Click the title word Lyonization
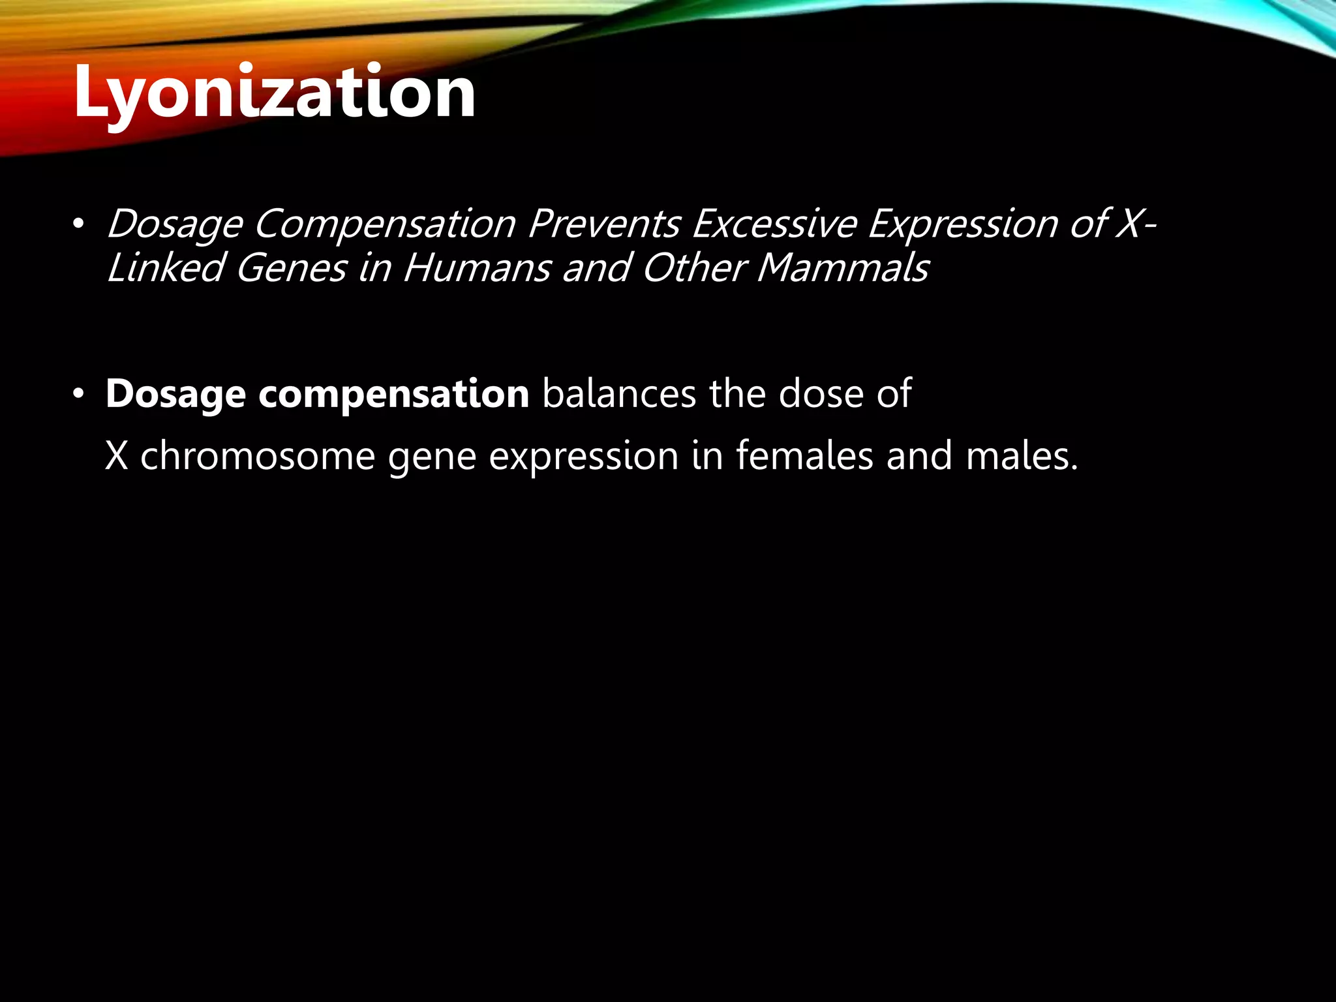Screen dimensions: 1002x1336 274,93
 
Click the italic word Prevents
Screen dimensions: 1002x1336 604,224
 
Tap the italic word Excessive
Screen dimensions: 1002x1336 774,224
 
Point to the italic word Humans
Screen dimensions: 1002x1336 477,268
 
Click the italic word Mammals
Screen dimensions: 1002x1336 842,268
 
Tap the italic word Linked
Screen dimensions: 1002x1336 165,268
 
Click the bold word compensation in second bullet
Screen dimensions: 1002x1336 393,395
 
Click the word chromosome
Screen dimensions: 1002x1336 258,455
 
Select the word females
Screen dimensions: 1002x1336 804,455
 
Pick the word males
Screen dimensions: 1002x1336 1022,455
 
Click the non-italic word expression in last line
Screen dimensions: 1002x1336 584,457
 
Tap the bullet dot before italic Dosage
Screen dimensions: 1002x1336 79,224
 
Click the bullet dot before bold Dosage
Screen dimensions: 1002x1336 79,394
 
